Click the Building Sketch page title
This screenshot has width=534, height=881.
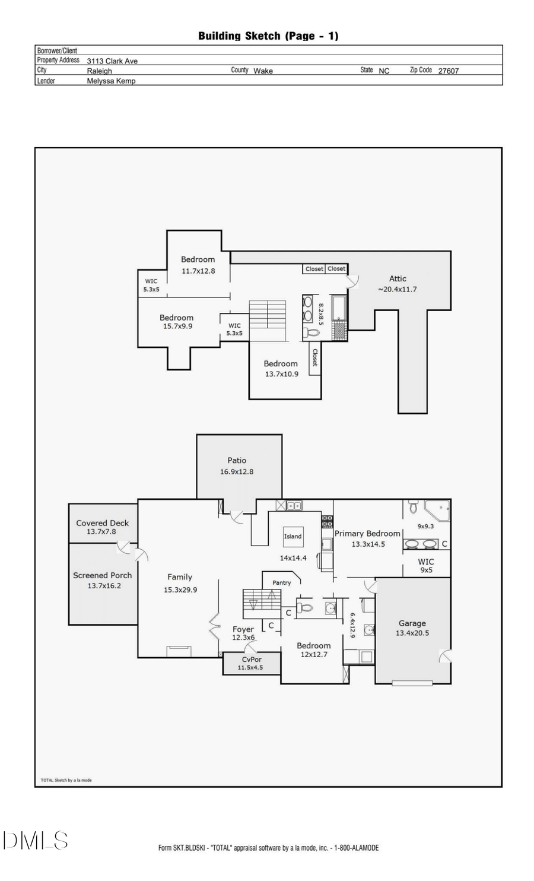268,36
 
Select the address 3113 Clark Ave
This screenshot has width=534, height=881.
112,61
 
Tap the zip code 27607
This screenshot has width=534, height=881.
448,71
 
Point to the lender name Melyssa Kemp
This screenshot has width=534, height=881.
111,81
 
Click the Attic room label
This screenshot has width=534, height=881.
398,278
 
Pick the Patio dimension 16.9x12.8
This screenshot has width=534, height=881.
237,472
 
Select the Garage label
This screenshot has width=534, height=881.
412,623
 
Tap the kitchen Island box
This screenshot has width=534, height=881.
293,537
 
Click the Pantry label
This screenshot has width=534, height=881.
281,583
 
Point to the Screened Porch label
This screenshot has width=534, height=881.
102,575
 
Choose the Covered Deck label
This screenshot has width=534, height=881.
102,523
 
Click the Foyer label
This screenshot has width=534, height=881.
243,629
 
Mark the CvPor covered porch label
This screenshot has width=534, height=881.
252,660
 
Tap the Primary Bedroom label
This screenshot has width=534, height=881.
367,534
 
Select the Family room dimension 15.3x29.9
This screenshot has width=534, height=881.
180,590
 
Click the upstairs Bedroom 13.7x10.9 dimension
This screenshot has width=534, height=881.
281,374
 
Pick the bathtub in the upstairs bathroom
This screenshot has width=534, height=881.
339,308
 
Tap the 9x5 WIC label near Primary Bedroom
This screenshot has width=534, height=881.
425,570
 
